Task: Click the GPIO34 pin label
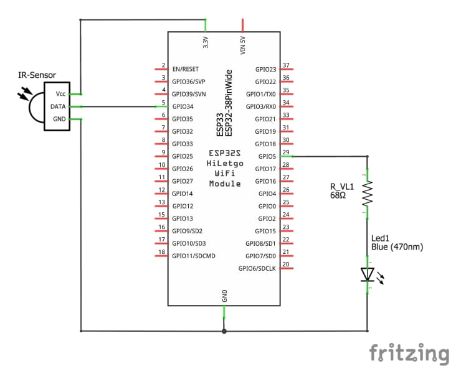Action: click(x=184, y=106)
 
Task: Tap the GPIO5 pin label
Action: click(x=267, y=156)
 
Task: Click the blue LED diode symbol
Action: click(x=367, y=274)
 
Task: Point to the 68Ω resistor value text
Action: click(x=340, y=195)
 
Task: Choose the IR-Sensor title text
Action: click(x=37, y=75)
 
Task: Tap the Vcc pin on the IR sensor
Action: click(x=60, y=93)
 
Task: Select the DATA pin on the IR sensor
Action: click(x=58, y=106)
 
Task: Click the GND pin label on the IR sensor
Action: click(x=59, y=119)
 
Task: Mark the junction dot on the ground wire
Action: click(x=224, y=330)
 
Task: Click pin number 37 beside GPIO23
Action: click(x=286, y=65)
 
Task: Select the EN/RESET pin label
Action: click(x=188, y=69)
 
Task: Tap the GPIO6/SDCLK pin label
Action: click(x=257, y=268)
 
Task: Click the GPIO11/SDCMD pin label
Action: click(x=193, y=256)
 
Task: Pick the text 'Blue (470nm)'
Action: click(x=397, y=247)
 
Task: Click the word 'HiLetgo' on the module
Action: click(x=225, y=163)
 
